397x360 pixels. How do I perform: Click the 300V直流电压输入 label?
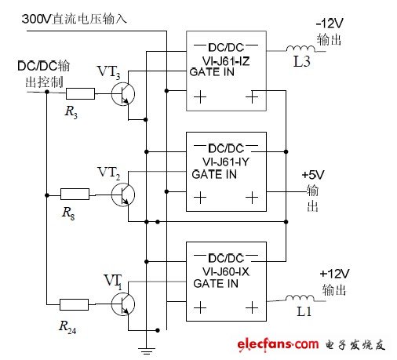coord(86,17)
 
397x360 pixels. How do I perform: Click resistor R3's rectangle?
coord(80,93)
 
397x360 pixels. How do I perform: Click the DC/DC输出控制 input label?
coord(45,74)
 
